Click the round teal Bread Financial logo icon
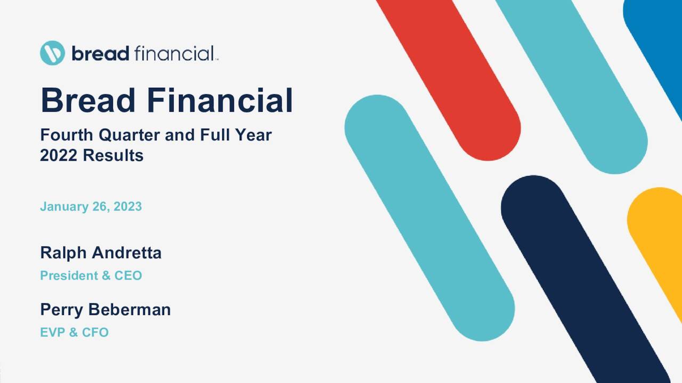52,53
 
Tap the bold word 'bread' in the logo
100,53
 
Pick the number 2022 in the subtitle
59,156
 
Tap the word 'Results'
113,156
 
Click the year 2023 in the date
127,206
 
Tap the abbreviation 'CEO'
128,276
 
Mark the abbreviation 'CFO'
95,332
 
